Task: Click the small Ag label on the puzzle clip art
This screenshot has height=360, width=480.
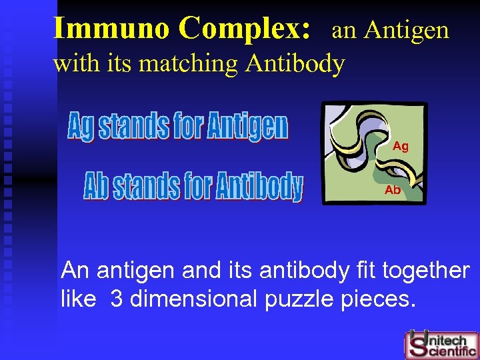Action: click(401, 146)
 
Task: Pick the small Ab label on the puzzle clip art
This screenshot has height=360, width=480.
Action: click(393, 190)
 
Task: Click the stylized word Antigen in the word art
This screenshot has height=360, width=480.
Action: click(247, 127)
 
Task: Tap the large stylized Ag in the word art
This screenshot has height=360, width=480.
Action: click(82, 127)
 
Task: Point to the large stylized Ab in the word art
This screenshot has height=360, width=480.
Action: click(97, 187)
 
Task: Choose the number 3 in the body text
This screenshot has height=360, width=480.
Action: click(117, 299)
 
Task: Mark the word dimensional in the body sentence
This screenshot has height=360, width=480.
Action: click(194, 299)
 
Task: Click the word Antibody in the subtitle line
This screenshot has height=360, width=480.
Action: click(295, 64)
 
